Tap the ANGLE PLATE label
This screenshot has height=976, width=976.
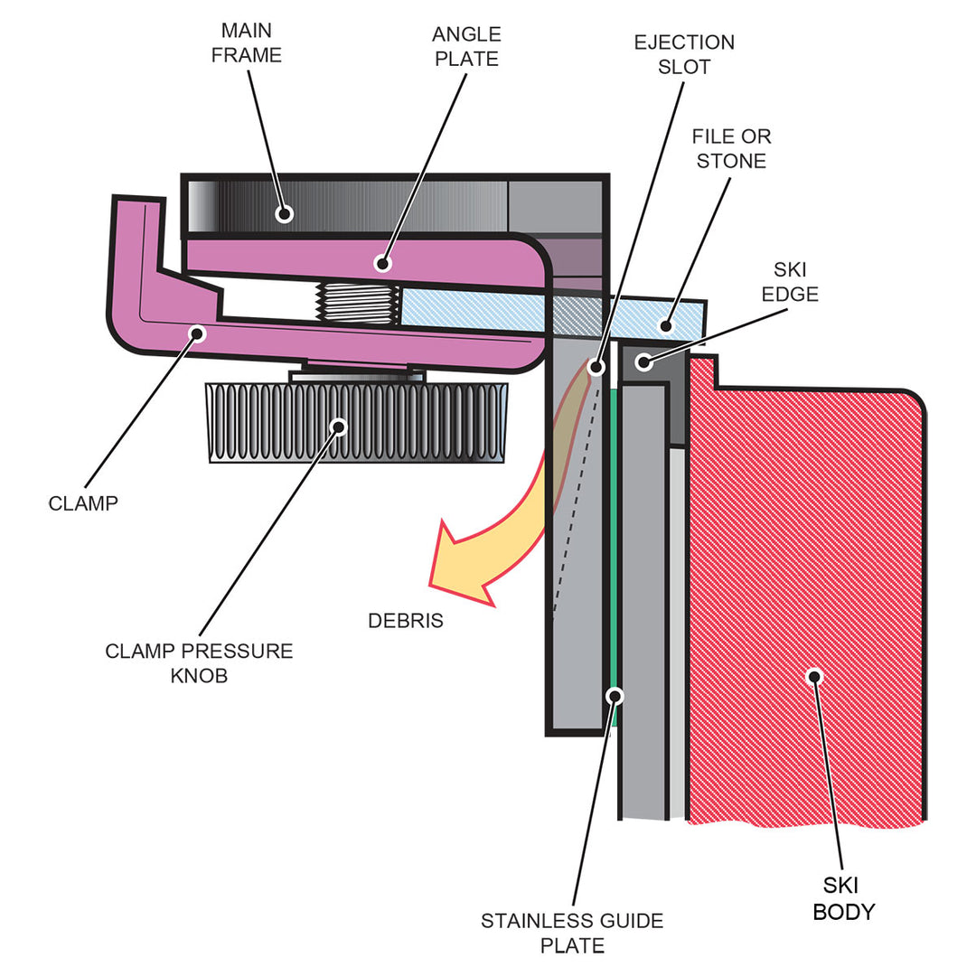point(466,47)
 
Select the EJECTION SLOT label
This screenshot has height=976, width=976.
point(683,54)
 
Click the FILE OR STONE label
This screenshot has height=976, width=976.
point(730,148)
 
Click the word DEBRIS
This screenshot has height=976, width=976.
point(406,621)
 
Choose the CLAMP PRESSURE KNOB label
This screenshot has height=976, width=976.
point(199,662)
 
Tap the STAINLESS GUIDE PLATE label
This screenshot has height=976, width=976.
point(572,933)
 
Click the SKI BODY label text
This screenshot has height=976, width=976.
point(844,899)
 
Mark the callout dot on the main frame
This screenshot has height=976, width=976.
point(286,214)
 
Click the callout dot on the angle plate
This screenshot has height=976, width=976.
point(382,265)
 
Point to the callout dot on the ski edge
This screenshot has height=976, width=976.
point(643,362)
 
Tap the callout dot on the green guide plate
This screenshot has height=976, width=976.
point(615,696)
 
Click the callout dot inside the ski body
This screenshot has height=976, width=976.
point(814,676)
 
